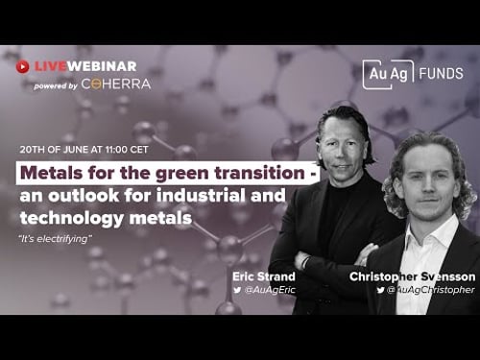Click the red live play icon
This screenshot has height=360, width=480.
22,66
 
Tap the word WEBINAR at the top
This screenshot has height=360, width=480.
102,66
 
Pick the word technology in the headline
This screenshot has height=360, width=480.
63,219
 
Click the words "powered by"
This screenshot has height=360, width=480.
55,84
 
